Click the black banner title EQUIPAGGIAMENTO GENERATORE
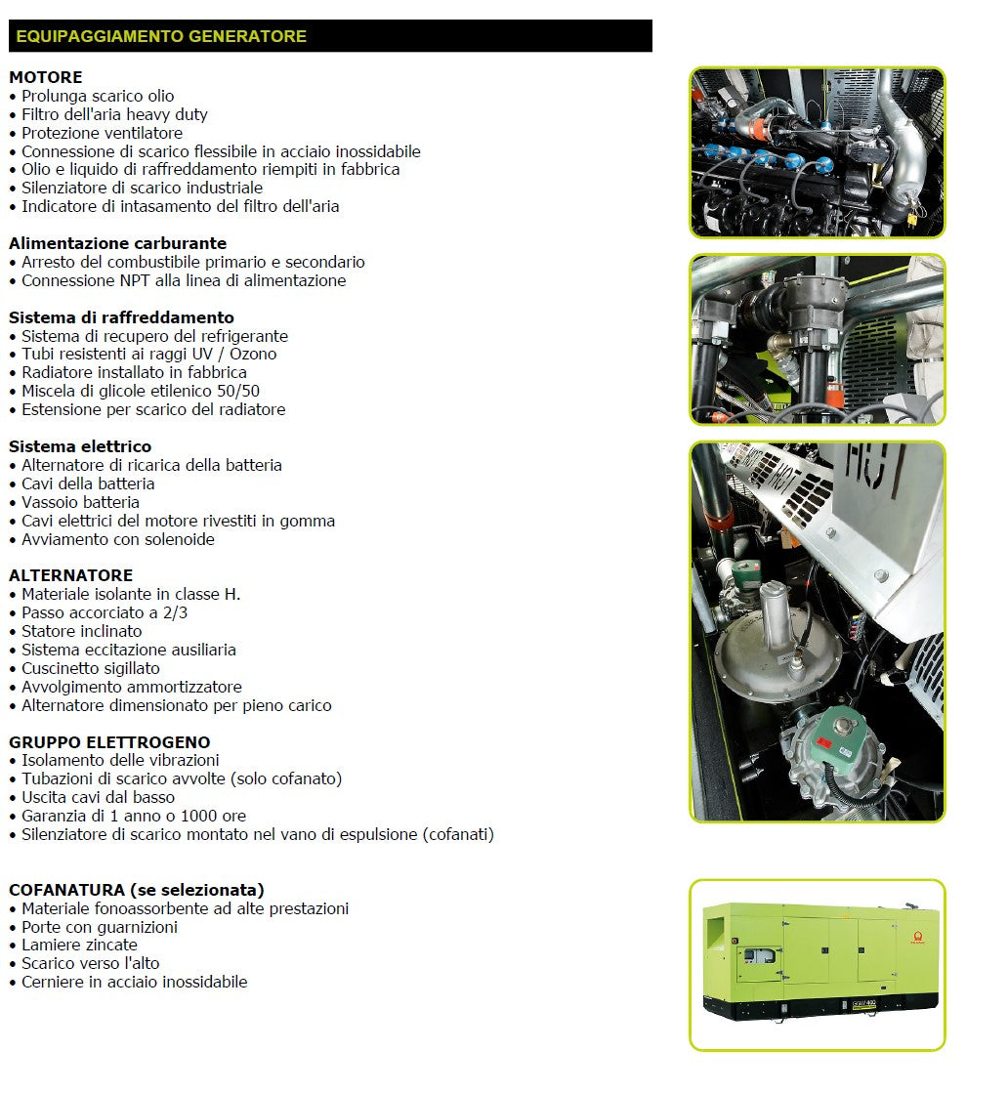[161, 37]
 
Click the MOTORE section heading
[46, 77]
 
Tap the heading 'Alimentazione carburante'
[117, 243]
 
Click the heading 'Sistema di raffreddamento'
[121, 317]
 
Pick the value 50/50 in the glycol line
[240, 391]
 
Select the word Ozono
[254, 354]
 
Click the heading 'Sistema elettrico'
[80, 446]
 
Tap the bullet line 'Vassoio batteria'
[80, 502]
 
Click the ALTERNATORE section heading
[70, 575]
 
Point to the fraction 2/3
[175, 612]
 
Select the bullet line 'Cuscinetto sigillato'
[91, 668]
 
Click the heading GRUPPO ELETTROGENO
[109, 742]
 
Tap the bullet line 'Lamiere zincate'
[79, 945]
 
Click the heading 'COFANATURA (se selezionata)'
[137, 890]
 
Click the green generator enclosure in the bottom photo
[819, 957]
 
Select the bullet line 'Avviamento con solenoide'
[117, 539]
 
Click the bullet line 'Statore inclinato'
[81, 631]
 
